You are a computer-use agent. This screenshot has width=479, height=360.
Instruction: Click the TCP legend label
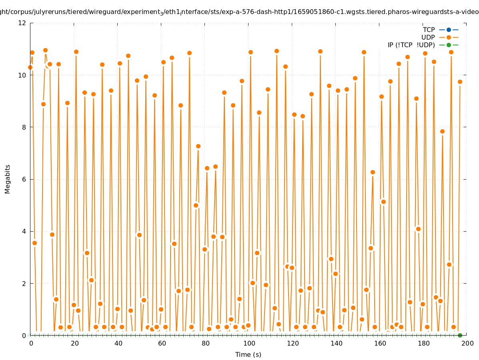click(429, 30)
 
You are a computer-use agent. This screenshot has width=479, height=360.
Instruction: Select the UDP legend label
click(428, 37)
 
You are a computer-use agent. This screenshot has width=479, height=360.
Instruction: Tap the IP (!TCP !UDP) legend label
click(411, 45)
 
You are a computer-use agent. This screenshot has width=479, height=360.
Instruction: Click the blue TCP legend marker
click(449, 30)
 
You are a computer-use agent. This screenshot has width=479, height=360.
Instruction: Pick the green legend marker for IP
click(449, 45)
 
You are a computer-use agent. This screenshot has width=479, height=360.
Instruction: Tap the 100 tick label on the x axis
click(249, 343)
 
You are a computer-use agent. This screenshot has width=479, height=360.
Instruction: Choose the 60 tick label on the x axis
click(162, 343)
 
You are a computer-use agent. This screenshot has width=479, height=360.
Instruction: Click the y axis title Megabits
click(8, 179)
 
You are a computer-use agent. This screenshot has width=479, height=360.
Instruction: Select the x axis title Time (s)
click(248, 354)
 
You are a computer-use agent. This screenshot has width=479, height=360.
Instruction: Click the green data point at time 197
click(460, 335)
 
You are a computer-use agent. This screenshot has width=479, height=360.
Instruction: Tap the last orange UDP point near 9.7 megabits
click(460, 82)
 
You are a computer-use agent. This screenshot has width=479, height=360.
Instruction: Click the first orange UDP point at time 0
click(30, 67)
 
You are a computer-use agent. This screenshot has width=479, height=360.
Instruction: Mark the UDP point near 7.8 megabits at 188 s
click(442, 131)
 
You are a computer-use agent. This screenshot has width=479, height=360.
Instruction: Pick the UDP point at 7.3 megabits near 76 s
click(198, 146)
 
